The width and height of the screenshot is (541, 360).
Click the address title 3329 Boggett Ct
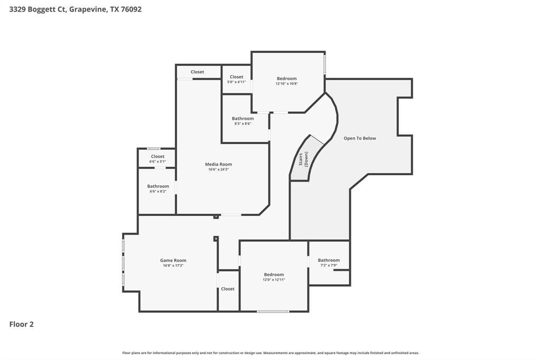click(75, 9)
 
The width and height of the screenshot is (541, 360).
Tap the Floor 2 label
click(22, 324)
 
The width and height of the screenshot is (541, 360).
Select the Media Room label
click(219, 164)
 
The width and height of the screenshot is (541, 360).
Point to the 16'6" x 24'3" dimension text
click(219, 169)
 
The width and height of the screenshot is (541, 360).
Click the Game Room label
click(173, 260)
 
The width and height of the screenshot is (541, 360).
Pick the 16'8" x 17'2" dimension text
click(173, 266)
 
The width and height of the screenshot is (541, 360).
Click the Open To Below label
click(360, 138)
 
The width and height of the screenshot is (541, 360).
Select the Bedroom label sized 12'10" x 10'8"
click(287, 79)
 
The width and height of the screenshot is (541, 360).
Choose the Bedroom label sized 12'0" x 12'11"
click(274, 274)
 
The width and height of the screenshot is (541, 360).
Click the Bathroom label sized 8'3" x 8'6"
click(243, 119)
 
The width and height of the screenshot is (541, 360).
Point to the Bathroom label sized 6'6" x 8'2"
click(158, 186)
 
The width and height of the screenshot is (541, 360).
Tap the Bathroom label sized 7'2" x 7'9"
click(329, 260)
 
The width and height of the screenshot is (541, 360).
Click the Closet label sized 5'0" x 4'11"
click(237, 77)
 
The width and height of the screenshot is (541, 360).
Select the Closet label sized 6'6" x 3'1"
click(157, 157)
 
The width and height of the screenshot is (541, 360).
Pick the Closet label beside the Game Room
click(228, 289)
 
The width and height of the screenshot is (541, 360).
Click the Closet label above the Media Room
click(197, 72)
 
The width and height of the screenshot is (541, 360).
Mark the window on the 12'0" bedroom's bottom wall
click(273, 311)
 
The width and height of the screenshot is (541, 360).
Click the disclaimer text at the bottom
click(270, 353)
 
